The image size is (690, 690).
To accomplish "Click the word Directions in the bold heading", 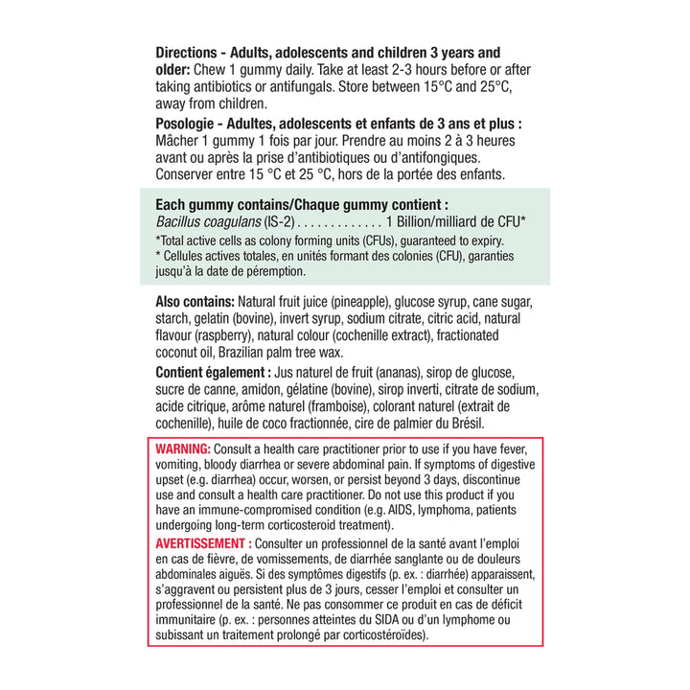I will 190,52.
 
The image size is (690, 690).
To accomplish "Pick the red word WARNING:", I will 182,448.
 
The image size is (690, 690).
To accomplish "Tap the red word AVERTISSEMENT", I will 200,542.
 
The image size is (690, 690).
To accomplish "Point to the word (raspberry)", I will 224,335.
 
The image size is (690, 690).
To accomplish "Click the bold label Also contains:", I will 195,301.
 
